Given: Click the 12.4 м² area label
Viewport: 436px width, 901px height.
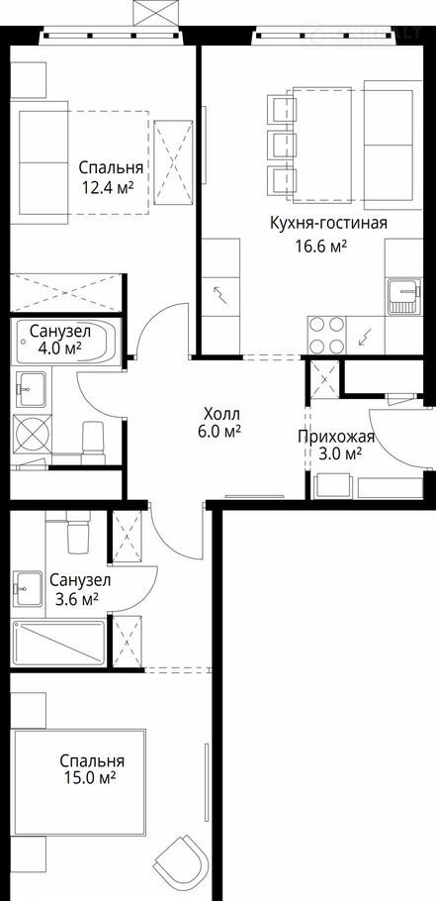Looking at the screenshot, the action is [108, 187].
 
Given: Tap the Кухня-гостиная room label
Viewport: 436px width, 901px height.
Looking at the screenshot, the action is [328, 223].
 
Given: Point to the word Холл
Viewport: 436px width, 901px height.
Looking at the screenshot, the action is [221, 414].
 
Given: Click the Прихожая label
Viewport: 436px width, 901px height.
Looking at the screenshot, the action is [335, 438].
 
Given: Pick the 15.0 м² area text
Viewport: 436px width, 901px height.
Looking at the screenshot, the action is [91, 778].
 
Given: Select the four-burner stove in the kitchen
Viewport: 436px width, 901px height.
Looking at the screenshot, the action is [326, 336].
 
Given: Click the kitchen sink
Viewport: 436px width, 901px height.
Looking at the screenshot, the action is [404, 296].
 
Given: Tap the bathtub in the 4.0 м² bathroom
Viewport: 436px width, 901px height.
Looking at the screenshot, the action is [67, 343].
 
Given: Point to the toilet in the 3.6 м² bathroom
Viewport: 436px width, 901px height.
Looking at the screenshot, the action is [78, 532].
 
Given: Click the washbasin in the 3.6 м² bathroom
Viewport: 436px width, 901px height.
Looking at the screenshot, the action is [28, 588].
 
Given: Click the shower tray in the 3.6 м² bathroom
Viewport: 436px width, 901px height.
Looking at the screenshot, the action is [58, 643].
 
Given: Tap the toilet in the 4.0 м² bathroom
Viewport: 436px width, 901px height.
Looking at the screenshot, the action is [93, 443].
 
